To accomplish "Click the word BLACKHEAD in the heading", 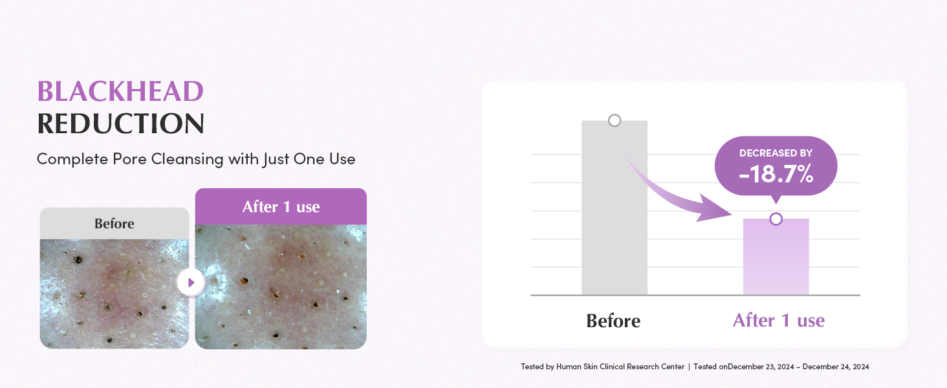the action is pyautogui.click(x=120, y=91).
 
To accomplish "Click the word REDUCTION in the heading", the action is pyautogui.click(x=120, y=124).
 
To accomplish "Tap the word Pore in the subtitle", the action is pyautogui.click(x=130, y=159).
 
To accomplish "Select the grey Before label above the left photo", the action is pyautogui.click(x=114, y=223).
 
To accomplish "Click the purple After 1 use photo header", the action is pyautogui.click(x=281, y=207).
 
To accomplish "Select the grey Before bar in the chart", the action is pyautogui.click(x=615, y=208).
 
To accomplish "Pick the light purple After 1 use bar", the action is pyautogui.click(x=776, y=257).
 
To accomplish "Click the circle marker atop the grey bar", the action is pyautogui.click(x=615, y=120).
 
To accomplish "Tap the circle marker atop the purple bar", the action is pyautogui.click(x=776, y=219).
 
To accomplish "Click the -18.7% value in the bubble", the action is pyautogui.click(x=776, y=174).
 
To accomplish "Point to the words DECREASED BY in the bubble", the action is pyautogui.click(x=776, y=153).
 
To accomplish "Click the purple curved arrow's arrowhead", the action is pyautogui.click(x=715, y=209).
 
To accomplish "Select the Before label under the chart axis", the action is pyautogui.click(x=613, y=321).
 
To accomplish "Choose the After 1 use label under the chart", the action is pyautogui.click(x=779, y=320).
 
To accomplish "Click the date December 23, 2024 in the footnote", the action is pyautogui.click(x=761, y=367).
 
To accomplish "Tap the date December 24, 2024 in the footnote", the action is pyautogui.click(x=836, y=367).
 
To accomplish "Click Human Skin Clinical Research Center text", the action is pyautogui.click(x=620, y=367).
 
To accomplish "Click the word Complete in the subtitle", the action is pyautogui.click(x=72, y=159).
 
